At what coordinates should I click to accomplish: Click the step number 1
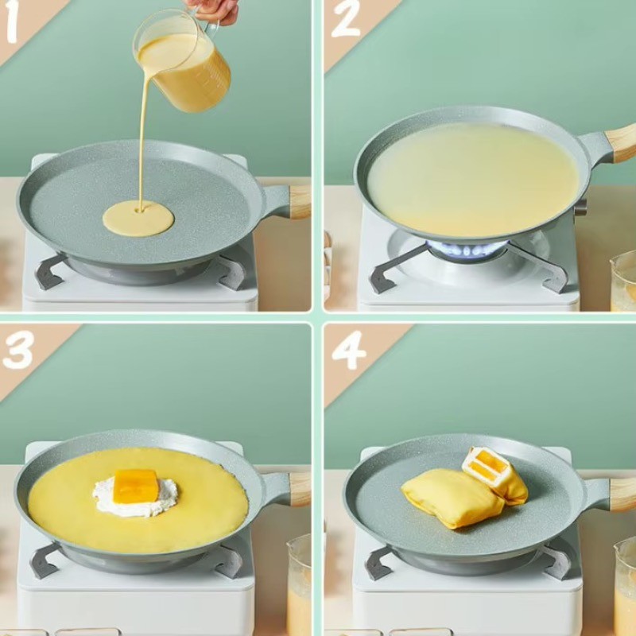(10, 21)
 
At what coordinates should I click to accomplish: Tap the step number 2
(346, 18)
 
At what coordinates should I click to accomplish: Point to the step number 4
(349, 350)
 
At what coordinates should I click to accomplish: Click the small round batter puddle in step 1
(138, 218)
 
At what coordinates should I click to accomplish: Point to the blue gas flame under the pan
(467, 249)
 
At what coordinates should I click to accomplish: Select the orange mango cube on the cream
(135, 486)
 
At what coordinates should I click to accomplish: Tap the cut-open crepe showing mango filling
(495, 473)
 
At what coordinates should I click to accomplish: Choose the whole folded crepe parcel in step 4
(453, 498)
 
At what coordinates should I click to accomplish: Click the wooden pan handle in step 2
(621, 143)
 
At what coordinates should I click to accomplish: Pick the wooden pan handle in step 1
(300, 202)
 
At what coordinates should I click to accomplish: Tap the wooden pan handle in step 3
(301, 489)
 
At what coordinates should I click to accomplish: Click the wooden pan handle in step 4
(622, 494)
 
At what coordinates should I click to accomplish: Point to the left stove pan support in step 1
(51, 271)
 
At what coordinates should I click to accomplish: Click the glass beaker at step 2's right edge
(623, 281)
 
